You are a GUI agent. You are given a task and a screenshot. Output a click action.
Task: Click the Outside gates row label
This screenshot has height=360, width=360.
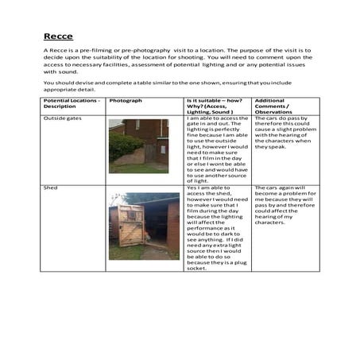pyautogui.click(x=61, y=118)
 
